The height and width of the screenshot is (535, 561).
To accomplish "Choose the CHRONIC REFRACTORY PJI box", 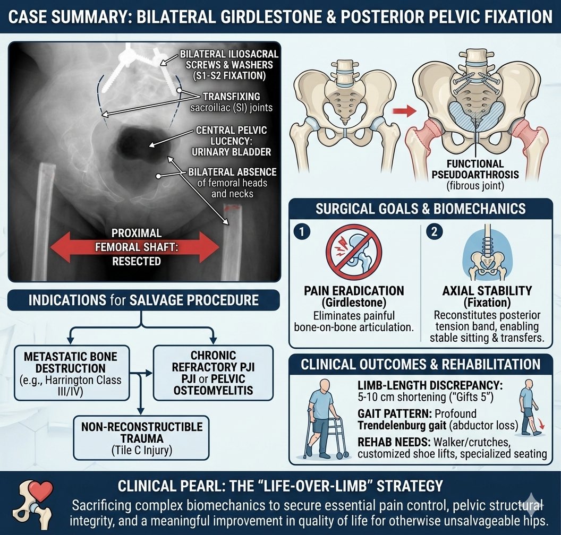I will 213,373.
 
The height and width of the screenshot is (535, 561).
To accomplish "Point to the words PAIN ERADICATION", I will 353,291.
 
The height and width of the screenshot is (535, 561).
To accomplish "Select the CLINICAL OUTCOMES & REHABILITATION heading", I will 421,365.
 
